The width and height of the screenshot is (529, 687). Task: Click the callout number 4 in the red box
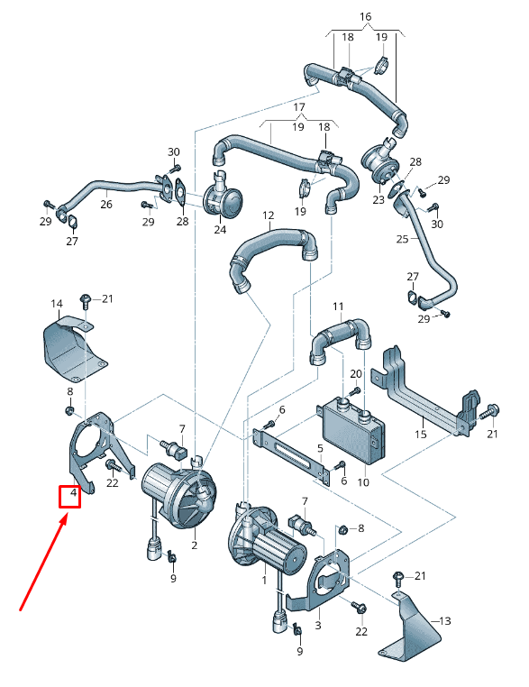pos(71,496)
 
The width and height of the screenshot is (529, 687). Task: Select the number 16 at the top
pos(365,16)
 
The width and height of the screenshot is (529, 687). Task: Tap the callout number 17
pos(299,106)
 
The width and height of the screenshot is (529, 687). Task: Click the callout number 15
pos(420,435)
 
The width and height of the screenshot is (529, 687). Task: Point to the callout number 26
pos(105,205)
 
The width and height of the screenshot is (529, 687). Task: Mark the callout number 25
pos(402,239)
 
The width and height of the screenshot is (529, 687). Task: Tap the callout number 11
pos(338,307)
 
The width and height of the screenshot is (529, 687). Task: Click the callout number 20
pos(355,373)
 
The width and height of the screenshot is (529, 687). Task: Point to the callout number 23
pos(379,199)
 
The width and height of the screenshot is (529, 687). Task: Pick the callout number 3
pos(317,624)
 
